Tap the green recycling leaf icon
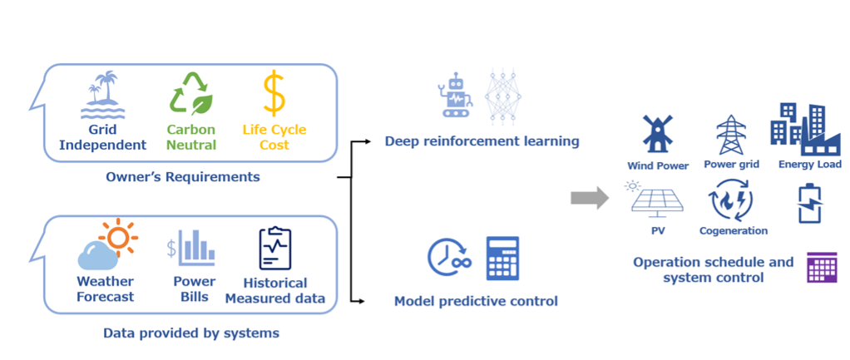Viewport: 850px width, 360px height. point(190,93)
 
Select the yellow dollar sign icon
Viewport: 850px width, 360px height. point(274,93)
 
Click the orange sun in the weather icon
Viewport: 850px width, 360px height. point(116,238)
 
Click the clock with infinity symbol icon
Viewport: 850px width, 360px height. point(449,258)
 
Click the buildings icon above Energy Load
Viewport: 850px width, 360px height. point(803,129)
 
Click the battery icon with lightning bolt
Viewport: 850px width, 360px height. point(808,204)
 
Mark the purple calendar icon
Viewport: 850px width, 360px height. point(823,269)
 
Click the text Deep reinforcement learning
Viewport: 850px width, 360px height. point(482,141)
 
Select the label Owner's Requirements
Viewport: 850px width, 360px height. point(183,176)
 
